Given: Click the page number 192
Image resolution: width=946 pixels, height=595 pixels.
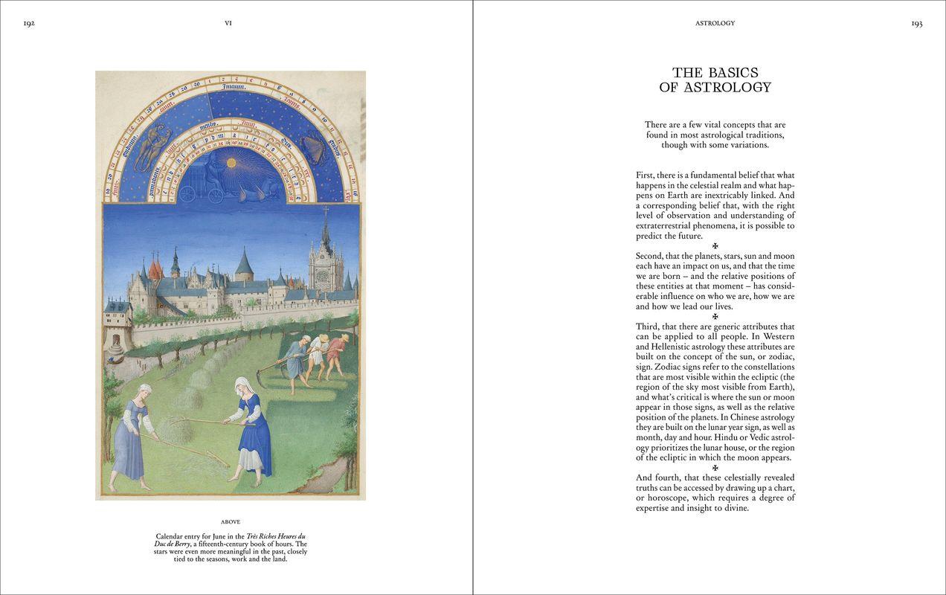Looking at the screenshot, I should [29, 23].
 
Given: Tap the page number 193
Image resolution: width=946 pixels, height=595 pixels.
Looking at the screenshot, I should [916, 23].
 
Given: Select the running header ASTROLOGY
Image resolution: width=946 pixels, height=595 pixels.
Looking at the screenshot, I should [715, 23].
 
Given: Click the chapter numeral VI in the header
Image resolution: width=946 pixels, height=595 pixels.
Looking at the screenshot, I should [228, 23].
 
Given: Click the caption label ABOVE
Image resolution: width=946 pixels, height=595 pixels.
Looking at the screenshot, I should [231, 522].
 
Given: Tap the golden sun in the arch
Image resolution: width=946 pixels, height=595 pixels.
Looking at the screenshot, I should [231, 162].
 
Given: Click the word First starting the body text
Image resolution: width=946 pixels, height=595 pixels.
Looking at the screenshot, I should [645, 176].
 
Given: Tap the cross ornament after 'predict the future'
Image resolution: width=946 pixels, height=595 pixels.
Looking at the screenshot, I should [715, 246].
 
